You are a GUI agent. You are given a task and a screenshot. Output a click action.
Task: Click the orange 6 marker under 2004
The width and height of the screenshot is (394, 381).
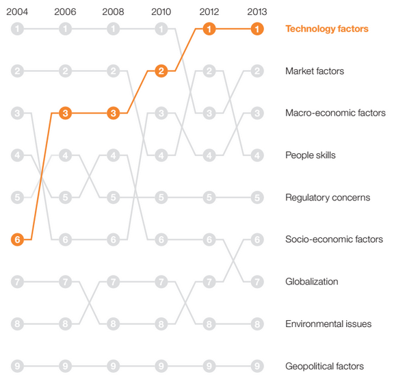coord(17,239)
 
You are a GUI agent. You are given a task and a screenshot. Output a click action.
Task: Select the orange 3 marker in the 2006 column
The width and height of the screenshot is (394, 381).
coord(65,113)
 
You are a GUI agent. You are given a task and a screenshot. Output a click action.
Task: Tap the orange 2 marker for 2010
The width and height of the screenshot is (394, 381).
coord(161,71)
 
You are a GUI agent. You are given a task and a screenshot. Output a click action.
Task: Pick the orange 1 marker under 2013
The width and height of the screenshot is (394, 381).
coord(257,29)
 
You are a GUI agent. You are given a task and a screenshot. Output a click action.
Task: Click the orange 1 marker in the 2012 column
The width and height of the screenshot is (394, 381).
coord(209,29)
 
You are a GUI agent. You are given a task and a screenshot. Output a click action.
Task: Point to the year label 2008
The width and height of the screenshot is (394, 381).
coord(113,12)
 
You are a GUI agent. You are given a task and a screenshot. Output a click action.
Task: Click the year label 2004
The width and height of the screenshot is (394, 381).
coord(17,12)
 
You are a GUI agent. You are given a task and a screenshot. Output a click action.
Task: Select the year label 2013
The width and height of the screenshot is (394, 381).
coord(257,12)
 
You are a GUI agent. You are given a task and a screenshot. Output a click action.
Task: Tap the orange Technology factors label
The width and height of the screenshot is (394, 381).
coord(326,29)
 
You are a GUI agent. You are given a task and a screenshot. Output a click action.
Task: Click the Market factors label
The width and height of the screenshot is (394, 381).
coord(314,71)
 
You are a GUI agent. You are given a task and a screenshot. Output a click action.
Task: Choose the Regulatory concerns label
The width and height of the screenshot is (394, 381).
coord(327,198)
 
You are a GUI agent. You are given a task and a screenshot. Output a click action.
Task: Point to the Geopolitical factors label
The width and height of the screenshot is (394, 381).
coord(324,366)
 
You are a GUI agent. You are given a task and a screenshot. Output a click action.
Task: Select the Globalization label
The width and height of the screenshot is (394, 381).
coord(312,282)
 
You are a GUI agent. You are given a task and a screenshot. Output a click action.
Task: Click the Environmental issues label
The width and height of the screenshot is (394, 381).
coord(328,324)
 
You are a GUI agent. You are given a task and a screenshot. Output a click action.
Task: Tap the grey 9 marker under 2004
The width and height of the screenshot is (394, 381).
coord(17,366)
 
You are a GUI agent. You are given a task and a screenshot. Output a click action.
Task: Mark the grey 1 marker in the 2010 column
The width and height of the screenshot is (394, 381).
coord(161,29)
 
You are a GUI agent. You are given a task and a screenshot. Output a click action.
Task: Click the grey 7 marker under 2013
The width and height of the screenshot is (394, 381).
coord(257,282)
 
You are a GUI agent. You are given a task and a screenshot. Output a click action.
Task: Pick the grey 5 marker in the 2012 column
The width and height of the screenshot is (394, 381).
coord(209,198)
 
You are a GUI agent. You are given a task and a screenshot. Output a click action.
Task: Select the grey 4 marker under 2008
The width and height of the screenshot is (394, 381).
coord(113,155)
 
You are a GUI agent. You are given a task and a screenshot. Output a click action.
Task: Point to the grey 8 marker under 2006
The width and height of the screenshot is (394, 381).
coord(65,324)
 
